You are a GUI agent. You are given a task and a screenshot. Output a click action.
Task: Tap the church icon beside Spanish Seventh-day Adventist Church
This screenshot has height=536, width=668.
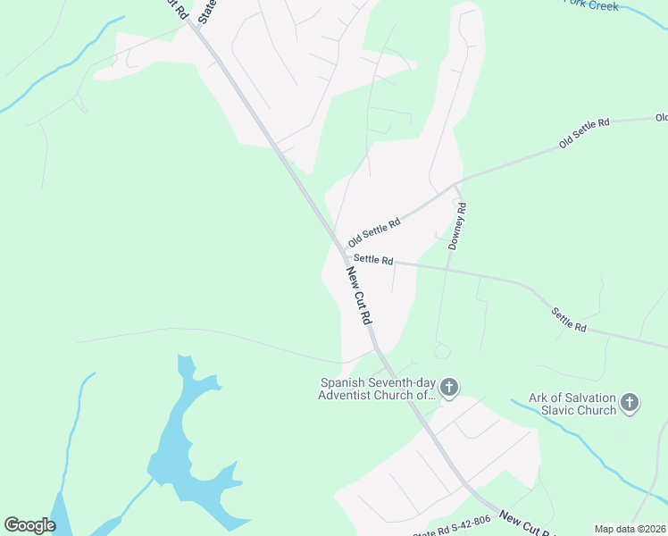coord(449,388)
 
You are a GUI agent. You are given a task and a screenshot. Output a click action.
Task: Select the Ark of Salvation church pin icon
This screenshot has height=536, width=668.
coord(630,403)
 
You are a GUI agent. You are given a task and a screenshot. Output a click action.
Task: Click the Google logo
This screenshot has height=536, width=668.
coord(29,525)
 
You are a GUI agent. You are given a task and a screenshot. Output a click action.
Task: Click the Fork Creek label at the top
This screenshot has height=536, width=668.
coord(590,4)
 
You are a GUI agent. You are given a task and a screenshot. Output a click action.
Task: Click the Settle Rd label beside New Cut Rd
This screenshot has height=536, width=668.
coord(373,260)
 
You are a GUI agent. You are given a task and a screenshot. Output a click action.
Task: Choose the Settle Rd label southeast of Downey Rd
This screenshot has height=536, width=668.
coord(569,320)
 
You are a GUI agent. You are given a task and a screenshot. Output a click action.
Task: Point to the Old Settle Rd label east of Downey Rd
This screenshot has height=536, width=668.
coord(584,132)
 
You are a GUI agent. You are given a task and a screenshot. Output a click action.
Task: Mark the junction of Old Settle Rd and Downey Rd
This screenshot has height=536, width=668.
coord(456,186)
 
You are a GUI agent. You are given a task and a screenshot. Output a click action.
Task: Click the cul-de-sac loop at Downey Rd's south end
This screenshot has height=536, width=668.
coord(441,351)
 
